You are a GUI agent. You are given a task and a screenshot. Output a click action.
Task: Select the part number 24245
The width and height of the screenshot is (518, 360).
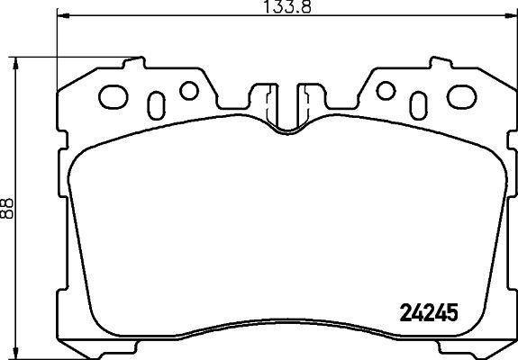(x=429, y=315)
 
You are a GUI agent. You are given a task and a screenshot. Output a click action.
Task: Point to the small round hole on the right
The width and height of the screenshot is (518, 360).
(x=386, y=89)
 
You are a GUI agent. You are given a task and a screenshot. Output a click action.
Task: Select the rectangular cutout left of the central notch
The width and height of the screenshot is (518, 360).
(x=268, y=96)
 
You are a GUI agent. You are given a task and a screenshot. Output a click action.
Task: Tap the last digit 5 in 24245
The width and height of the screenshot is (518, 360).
(x=452, y=315)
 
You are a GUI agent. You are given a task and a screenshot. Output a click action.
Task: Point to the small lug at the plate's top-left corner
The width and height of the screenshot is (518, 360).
(x=134, y=62)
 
